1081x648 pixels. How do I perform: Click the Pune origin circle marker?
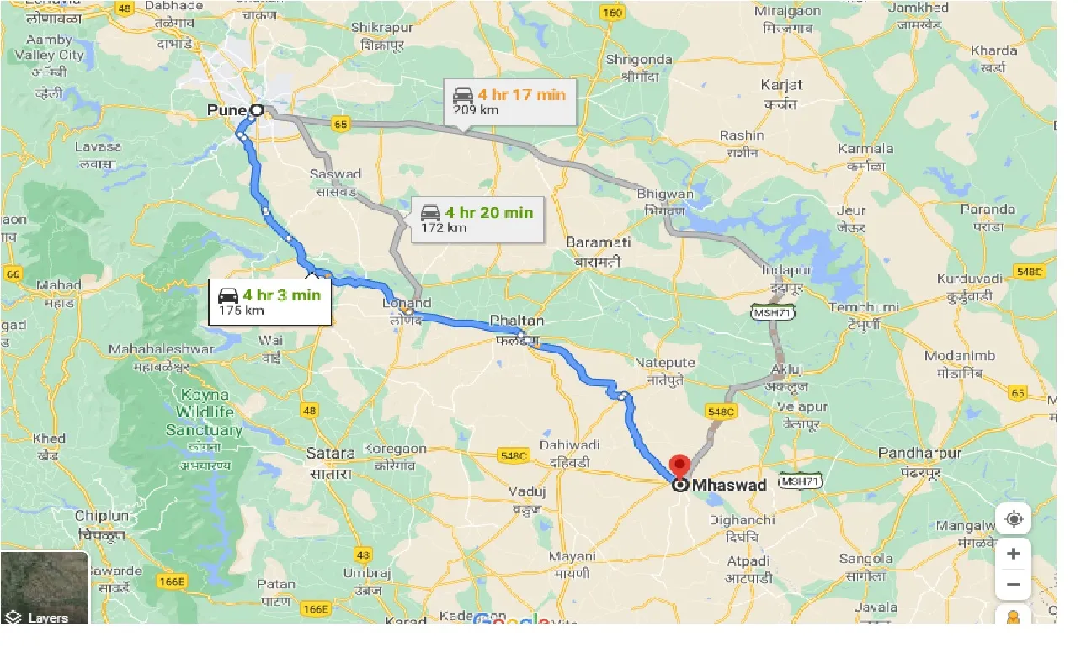click(257, 109)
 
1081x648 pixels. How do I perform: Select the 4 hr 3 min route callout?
click(269, 301)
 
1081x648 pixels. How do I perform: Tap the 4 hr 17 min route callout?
click(509, 101)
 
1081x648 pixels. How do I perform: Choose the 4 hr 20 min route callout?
click(477, 219)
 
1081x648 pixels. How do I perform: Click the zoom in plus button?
click(1013, 554)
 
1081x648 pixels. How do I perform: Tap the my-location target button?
click(1013, 519)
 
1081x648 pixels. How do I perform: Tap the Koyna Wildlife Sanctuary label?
click(208, 412)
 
